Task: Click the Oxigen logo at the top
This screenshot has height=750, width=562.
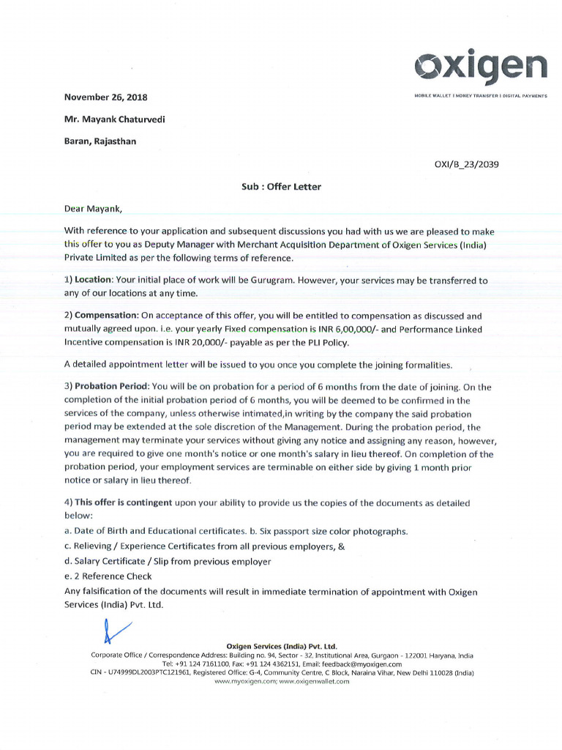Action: pyautogui.click(x=481, y=67)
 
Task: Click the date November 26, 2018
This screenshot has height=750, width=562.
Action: pyautogui.click(x=106, y=97)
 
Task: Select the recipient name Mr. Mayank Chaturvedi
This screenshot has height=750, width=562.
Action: pyautogui.click(x=115, y=119)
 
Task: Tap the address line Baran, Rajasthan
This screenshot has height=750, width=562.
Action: pyautogui.click(x=100, y=141)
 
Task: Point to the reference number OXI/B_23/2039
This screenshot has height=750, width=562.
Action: pyautogui.click(x=466, y=164)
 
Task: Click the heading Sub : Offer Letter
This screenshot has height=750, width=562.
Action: pyautogui.click(x=281, y=187)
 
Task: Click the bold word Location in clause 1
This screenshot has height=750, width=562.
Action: pyautogui.click(x=94, y=281)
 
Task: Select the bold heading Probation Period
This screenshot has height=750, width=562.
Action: pyautogui.click(x=112, y=387)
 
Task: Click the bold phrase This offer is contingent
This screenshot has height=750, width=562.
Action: pyautogui.click(x=124, y=503)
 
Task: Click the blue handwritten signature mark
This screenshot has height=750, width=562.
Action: pyautogui.click(x=116, y=631)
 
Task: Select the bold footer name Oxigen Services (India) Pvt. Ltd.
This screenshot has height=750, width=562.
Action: pyautogui.click(x=282, y=647)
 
